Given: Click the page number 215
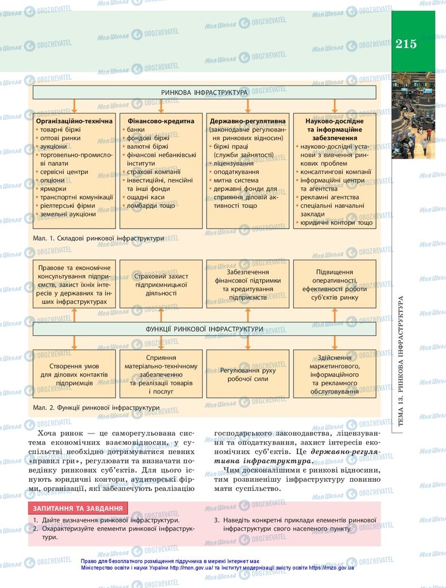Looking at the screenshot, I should [406, 44].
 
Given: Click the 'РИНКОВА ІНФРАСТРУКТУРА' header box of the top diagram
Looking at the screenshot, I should [204, 92].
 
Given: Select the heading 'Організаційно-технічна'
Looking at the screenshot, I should [75, 121].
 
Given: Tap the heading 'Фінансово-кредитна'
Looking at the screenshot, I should [160, 121].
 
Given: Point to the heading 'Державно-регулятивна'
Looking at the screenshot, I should [247, 121].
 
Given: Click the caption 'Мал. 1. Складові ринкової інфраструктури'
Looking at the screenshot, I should [99, 238].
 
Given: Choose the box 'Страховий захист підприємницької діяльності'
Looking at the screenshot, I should [160, 284].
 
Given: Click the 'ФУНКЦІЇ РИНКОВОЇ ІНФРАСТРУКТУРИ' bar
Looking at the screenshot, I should [204, 329].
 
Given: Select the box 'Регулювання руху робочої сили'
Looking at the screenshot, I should [247, 374].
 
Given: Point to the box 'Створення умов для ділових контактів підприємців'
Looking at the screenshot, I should [74, 374].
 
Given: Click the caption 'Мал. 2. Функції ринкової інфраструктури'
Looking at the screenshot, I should [96, 408].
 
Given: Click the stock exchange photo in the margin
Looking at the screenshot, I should [413, 115].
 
